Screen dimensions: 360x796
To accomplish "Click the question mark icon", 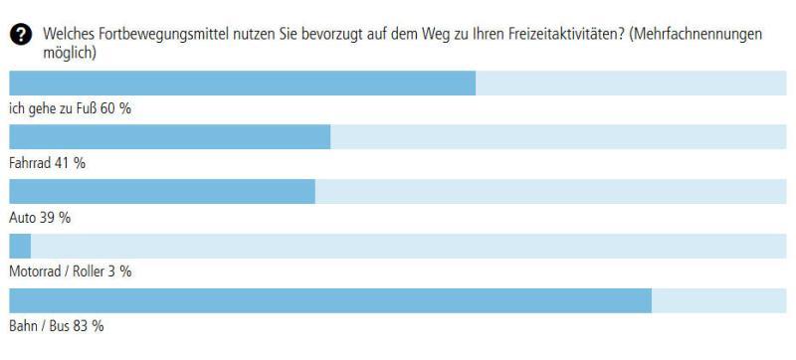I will click(22, 36).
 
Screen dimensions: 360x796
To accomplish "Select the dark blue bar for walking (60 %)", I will click(242, 84).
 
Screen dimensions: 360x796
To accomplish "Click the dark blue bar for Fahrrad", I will click(169, 137).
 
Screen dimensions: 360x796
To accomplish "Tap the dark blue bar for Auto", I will click(161, 192).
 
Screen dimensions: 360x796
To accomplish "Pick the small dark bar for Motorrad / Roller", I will click(20, 246).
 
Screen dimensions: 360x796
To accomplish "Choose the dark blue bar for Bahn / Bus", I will click(329, 300).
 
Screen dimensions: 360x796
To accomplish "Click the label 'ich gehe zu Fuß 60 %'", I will click(70, 109).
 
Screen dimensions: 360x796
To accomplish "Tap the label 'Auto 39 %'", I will click(40, 218).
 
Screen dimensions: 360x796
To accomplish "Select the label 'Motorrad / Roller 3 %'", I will click(70, 271).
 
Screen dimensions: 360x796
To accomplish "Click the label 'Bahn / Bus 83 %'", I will click(56, 326).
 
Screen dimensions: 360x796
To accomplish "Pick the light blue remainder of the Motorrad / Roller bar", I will click(408, 246).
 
